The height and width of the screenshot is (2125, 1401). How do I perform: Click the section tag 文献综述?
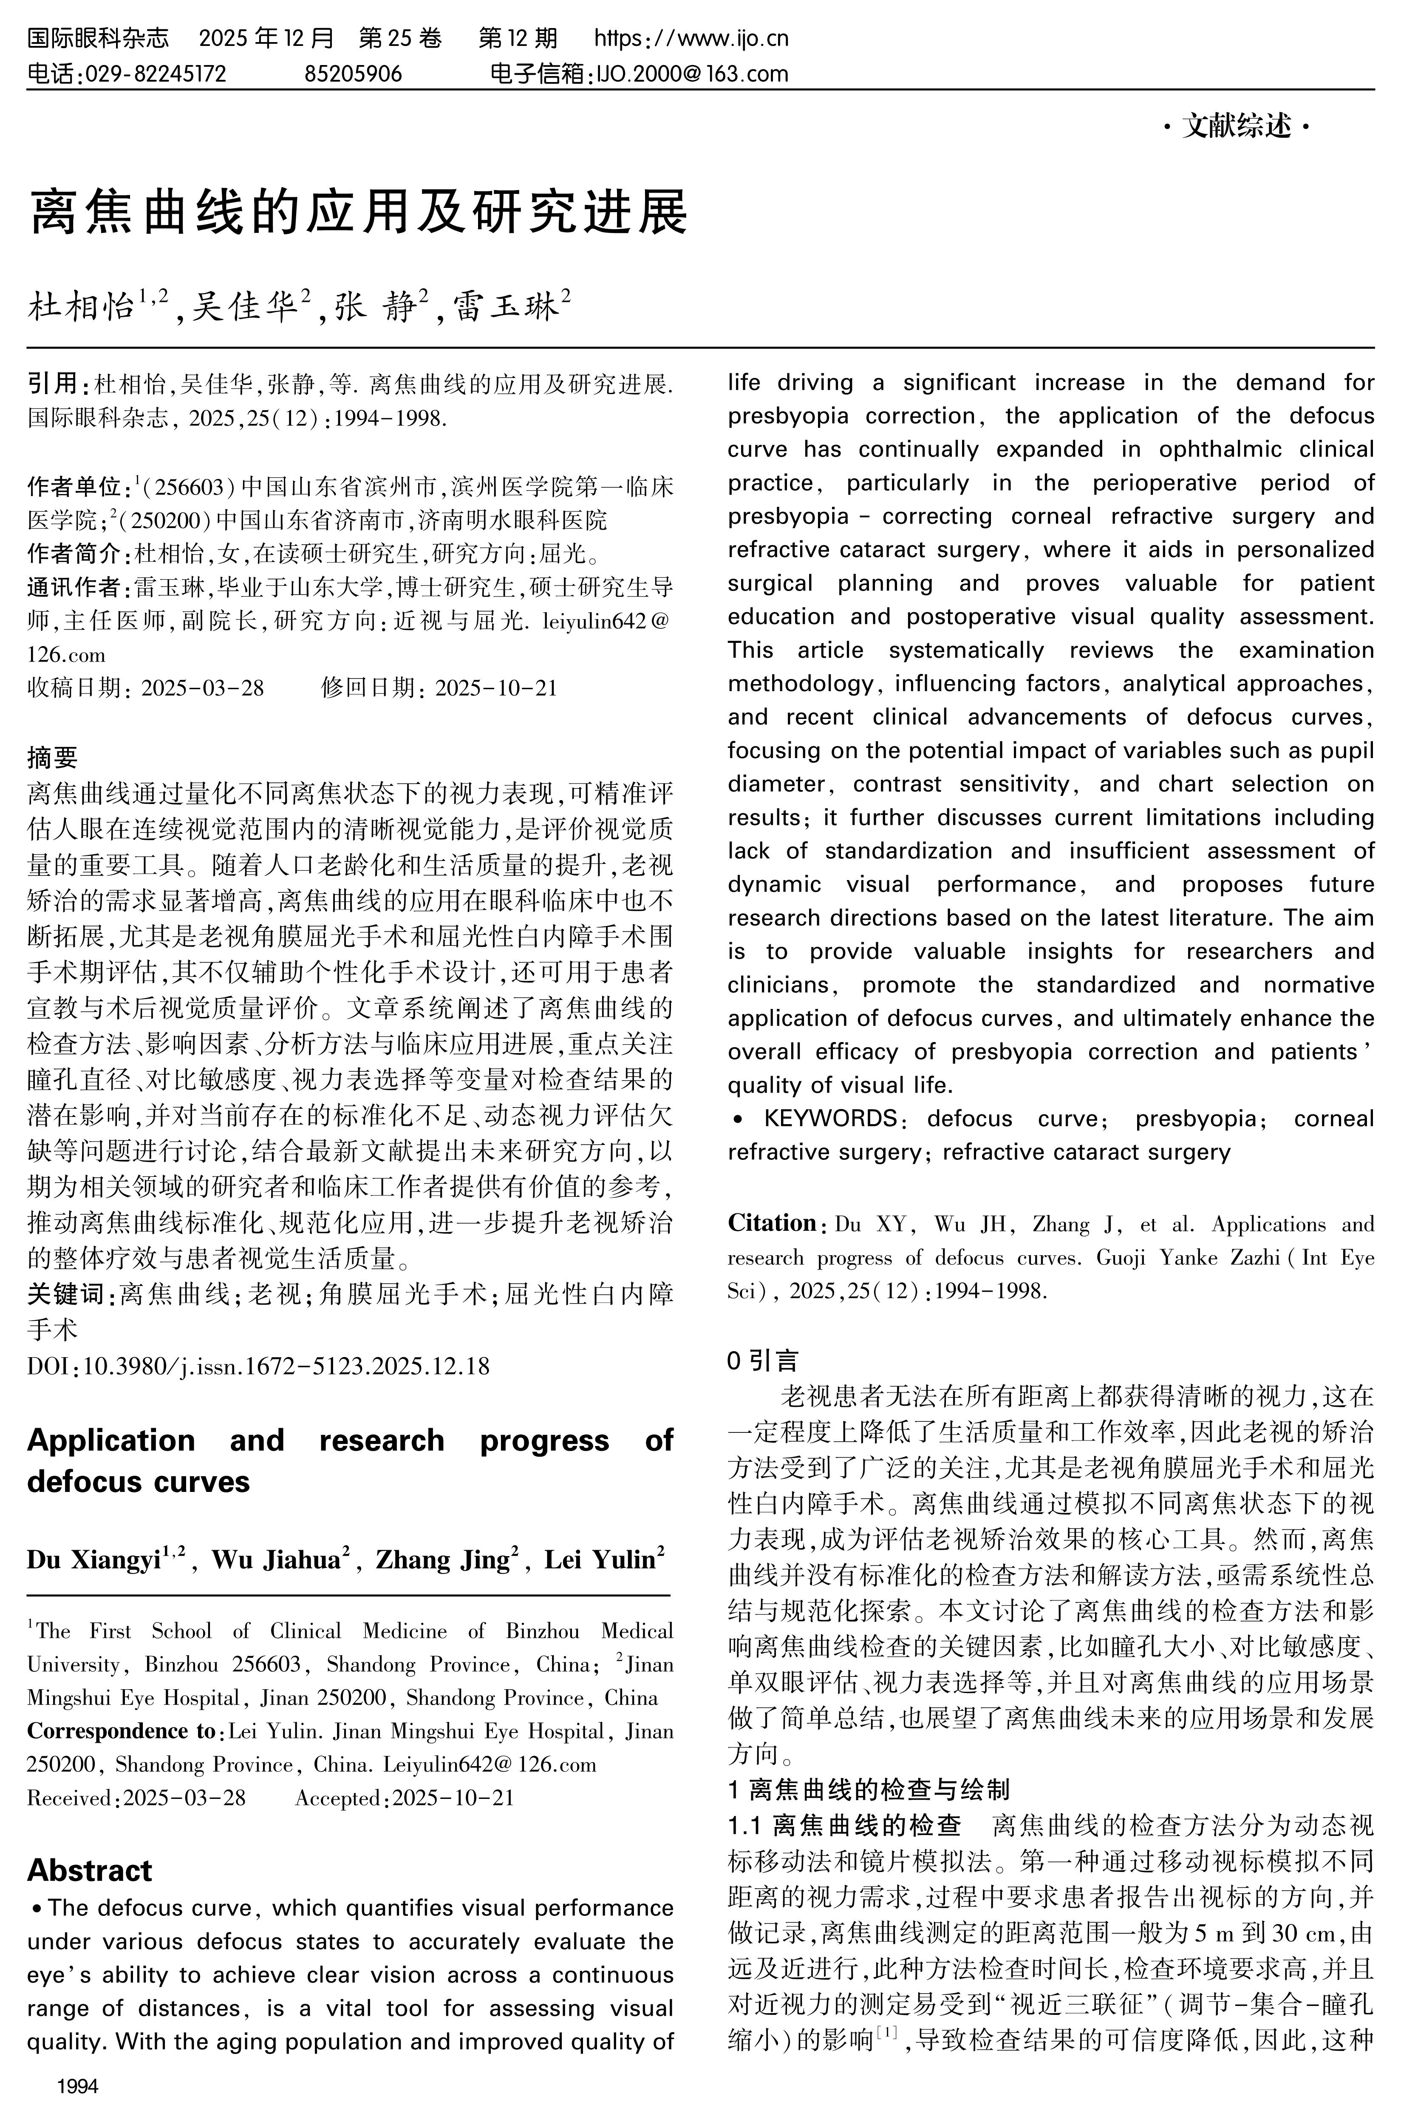pyautogui.click(x=1237, y=127)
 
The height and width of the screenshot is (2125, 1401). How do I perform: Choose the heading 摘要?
pyautogui.click(x=53, y=757)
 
